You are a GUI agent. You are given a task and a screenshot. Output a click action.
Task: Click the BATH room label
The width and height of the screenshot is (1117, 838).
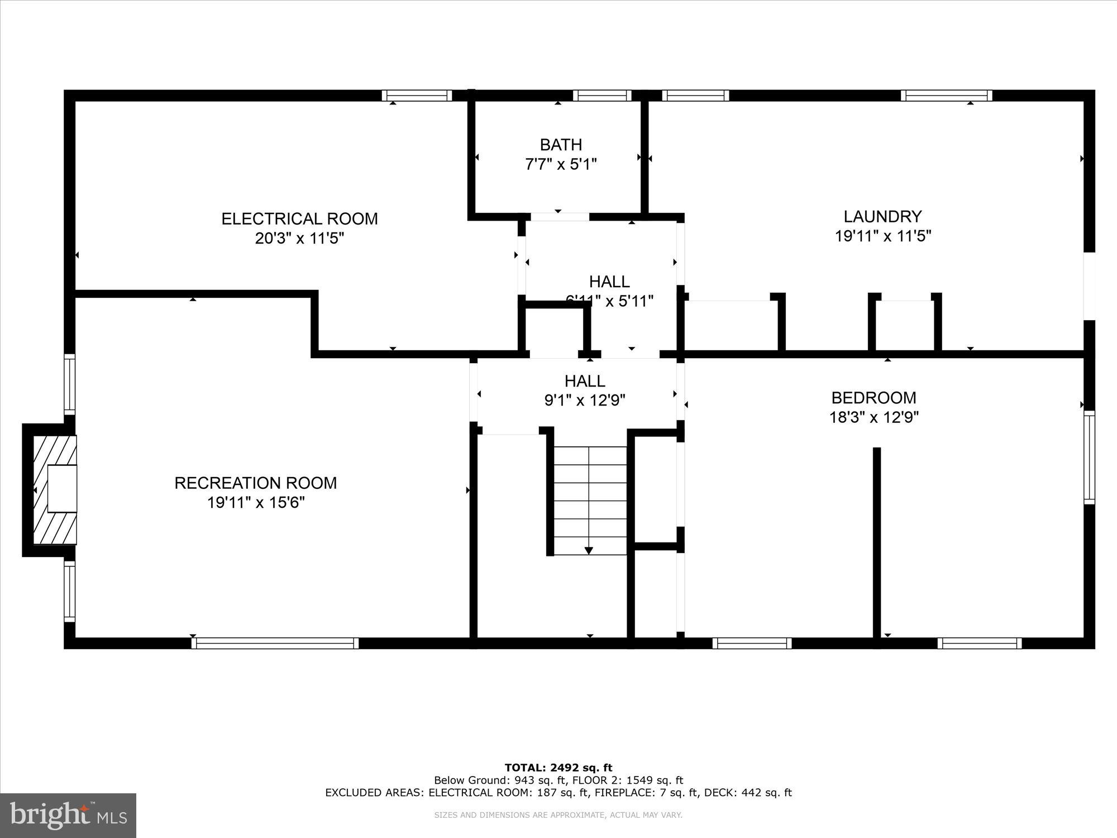(561, 145)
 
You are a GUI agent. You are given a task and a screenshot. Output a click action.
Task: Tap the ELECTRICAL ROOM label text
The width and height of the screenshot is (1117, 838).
(299, 218)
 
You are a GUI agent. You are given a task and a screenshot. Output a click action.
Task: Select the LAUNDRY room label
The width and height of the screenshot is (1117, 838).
(882, 216)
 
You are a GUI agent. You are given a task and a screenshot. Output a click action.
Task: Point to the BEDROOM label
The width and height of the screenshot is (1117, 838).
(873, 398)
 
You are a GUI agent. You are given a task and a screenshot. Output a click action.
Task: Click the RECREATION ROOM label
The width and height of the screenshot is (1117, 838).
(256, 483)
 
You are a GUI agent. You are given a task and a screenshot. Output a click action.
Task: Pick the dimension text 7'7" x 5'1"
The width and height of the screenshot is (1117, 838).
(561, 165)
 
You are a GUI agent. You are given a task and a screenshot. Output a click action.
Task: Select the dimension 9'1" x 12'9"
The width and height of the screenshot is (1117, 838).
(585, 401)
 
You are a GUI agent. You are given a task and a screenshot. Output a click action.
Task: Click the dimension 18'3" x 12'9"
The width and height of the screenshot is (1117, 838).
(873, 417)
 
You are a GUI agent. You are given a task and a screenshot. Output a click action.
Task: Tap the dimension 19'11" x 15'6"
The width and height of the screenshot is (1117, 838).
(256, 502)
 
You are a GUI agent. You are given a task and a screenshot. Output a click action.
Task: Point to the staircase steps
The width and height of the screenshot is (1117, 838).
(590, 500)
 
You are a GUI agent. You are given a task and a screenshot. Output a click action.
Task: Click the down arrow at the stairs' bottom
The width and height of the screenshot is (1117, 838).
(589, 551)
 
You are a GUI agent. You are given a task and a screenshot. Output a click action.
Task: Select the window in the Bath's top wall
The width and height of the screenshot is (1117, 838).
(602, 96)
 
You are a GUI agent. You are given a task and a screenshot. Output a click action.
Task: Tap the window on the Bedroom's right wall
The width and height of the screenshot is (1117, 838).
(1089, 457)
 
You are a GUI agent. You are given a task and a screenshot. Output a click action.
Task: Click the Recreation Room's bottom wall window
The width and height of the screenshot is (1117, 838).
(275, 643)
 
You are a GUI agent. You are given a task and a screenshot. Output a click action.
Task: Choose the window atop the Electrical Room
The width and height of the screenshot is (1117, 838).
(417, 96)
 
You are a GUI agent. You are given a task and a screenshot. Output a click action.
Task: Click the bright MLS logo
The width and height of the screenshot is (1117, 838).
(68, 816)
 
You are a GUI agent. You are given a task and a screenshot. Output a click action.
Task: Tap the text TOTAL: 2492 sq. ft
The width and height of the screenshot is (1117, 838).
(558, 768)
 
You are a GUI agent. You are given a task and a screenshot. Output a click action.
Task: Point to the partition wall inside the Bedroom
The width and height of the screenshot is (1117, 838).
(877, 542)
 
